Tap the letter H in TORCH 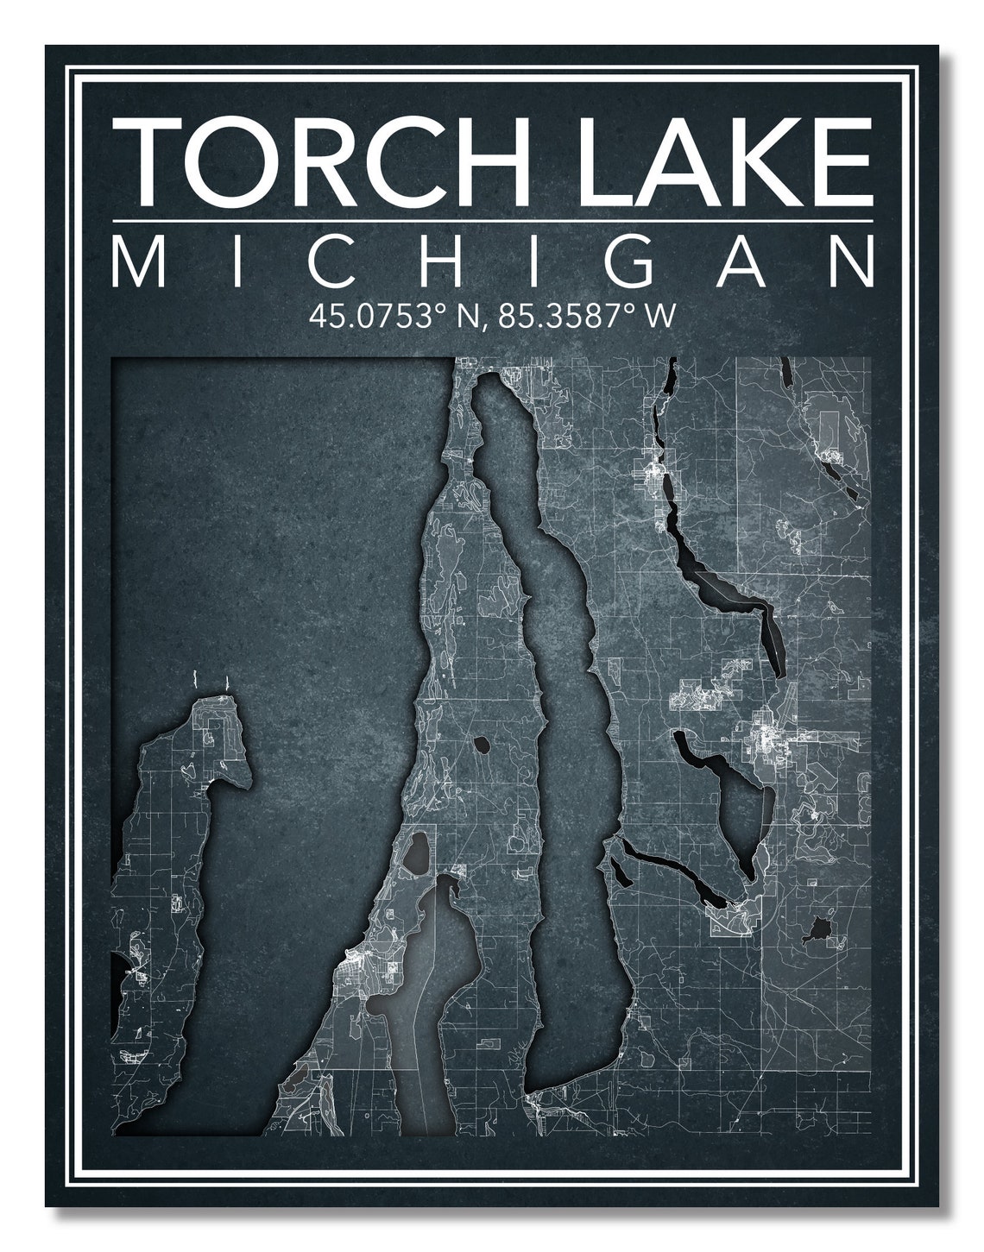point(484,160)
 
